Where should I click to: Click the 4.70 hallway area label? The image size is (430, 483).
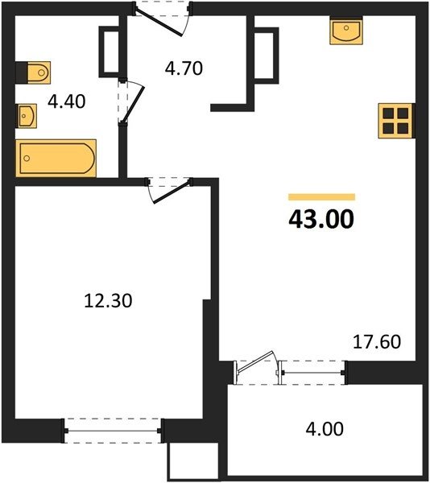pyautogui.click(x=184, y=68)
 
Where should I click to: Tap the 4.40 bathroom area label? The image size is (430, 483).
pyautogui.click(x=67, y=101)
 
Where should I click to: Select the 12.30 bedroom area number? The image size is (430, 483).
pyautogui.click(x=108, y=300)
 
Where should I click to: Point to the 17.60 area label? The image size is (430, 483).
pyautogui.click(x=377, y=341)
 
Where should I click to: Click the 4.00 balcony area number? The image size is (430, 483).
pyautogui.click(x=325, y=429)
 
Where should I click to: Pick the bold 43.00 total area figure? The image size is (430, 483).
pyautogui.click(x=321, y=219)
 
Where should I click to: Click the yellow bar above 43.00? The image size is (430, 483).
pyautogui.click(x=321, y=197)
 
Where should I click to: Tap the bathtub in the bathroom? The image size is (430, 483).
pyautogui.click(x=56, y=159)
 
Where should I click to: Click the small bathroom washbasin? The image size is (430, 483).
pyautogui.click(x=27, y=116)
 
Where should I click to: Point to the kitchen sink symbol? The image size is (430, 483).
pyautogui.click(x=346, y=31)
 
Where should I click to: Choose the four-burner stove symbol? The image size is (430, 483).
pyautogui.click(x=395, y=121)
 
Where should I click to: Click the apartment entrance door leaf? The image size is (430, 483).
pyautogui.click(x=159, y=23)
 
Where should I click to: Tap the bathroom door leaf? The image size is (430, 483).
pyautogui.click(x=134, y=104)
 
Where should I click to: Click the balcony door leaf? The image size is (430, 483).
pyautogui.click(x=254, y=362)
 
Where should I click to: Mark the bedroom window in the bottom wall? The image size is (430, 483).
pyautogui.click(x=113, y=431)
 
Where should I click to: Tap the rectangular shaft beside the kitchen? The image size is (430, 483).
pyautogui.click(x=266, y=56)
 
